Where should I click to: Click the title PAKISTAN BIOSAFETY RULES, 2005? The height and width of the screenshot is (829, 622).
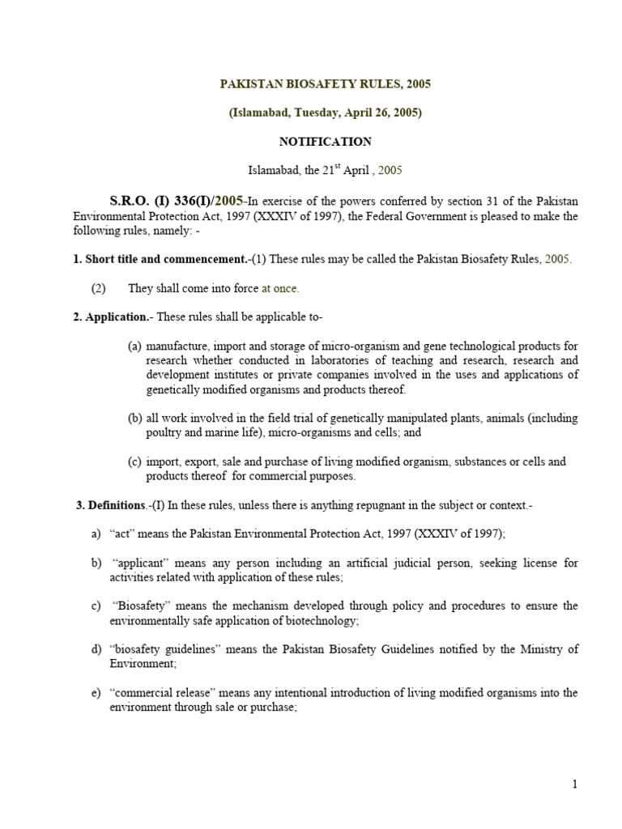pyautogui.click(x=325, y=83)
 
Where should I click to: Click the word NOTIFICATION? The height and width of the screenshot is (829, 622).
pyautogui.click(x=325, y=142)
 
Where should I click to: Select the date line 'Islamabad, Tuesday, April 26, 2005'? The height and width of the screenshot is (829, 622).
pyautogui.click(x=325, y=113)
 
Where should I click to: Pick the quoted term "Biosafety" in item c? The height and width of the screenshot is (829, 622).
pyautogui.click(x=143, y=606)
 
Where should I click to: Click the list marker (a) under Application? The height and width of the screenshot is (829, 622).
pyautogui.click(x=134, y=346)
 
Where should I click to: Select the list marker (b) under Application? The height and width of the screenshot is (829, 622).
pyautogui.click(x=134, y=418)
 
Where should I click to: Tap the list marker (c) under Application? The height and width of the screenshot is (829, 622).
pyautogui.click(x=134, y=461)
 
